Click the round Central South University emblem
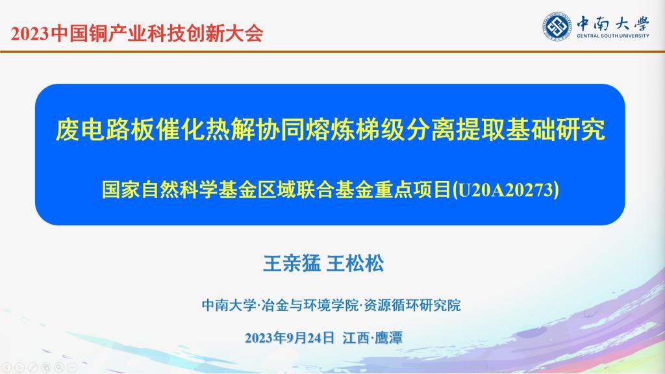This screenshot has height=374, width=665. [557, 27]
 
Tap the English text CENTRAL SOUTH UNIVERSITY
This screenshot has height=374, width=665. [613, 36]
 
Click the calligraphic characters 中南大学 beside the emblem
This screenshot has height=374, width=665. [613, 23]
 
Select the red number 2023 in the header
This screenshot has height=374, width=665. [30, 34]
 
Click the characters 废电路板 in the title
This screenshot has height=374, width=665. [105, 129]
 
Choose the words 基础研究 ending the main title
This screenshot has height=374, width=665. [556, 129]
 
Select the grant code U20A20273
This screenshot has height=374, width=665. [506, 190]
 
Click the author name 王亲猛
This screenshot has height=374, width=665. [292, 264]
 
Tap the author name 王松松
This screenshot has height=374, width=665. [355, 264]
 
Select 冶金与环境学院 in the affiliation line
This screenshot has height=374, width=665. [310, 305]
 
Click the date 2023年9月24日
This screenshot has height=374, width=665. [290, 338]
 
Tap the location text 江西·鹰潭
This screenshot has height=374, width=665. [372, 338]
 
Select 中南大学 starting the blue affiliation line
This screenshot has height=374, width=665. [229, 305]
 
